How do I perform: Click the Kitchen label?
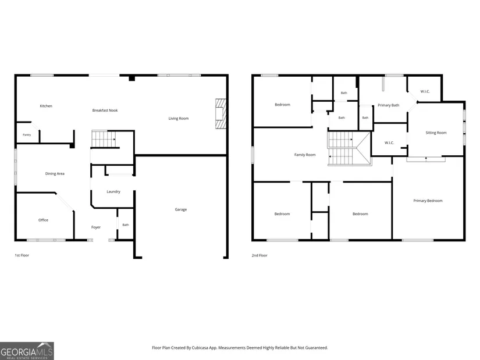(46, 106)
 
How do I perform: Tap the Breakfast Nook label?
(105, 110)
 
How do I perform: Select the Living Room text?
(179, 119)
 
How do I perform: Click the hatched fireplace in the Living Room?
(221, 113)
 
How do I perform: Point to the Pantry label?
(27, 135)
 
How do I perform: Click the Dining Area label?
(55, 173)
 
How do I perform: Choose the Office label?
(43, 220)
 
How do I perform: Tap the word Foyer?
(96, 227)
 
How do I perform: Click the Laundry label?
(113, 192)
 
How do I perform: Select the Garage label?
(180, 209)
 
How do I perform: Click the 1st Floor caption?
(22, 255)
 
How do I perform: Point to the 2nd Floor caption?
(259, 255)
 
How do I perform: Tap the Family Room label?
(305, 155)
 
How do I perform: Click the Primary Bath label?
(389, 105)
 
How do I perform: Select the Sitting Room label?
(436, 133)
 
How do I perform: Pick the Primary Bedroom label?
(428, 201)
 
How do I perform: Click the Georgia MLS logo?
(27, 351)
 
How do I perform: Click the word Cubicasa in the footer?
(200, 348)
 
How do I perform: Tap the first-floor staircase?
(104, 139)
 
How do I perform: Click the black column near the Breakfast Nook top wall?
(131, 78)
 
